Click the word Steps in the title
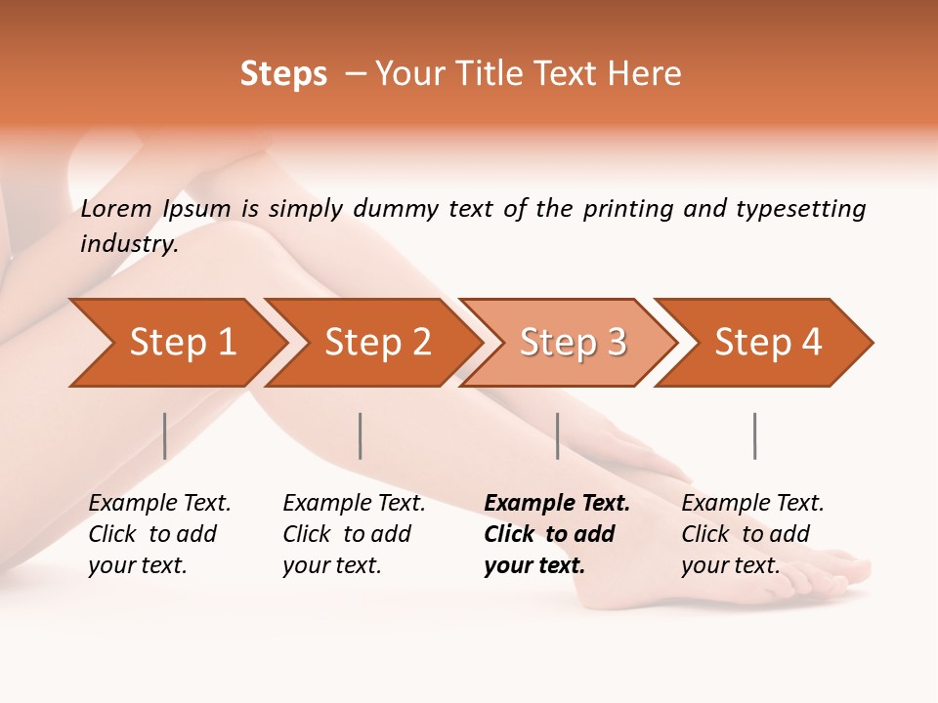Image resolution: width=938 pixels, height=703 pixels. click(x=283, y=74)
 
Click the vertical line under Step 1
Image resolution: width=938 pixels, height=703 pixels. click(x=165, y=435)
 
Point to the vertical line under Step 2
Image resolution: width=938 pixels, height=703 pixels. click(x=361, y=435)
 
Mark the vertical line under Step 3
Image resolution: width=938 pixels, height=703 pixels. click(x=558, y=435)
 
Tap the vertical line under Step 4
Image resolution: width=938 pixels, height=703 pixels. click(x=755, y=435)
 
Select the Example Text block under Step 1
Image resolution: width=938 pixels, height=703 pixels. click(x=159, y=534)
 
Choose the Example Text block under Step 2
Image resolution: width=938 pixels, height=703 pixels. click(x=354, y=534)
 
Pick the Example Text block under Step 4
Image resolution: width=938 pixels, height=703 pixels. click(x=752, y=534)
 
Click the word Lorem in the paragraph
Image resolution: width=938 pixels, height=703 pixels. click(x=116, y=209)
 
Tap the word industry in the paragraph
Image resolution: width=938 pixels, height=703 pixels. click(x=129, y=244)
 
